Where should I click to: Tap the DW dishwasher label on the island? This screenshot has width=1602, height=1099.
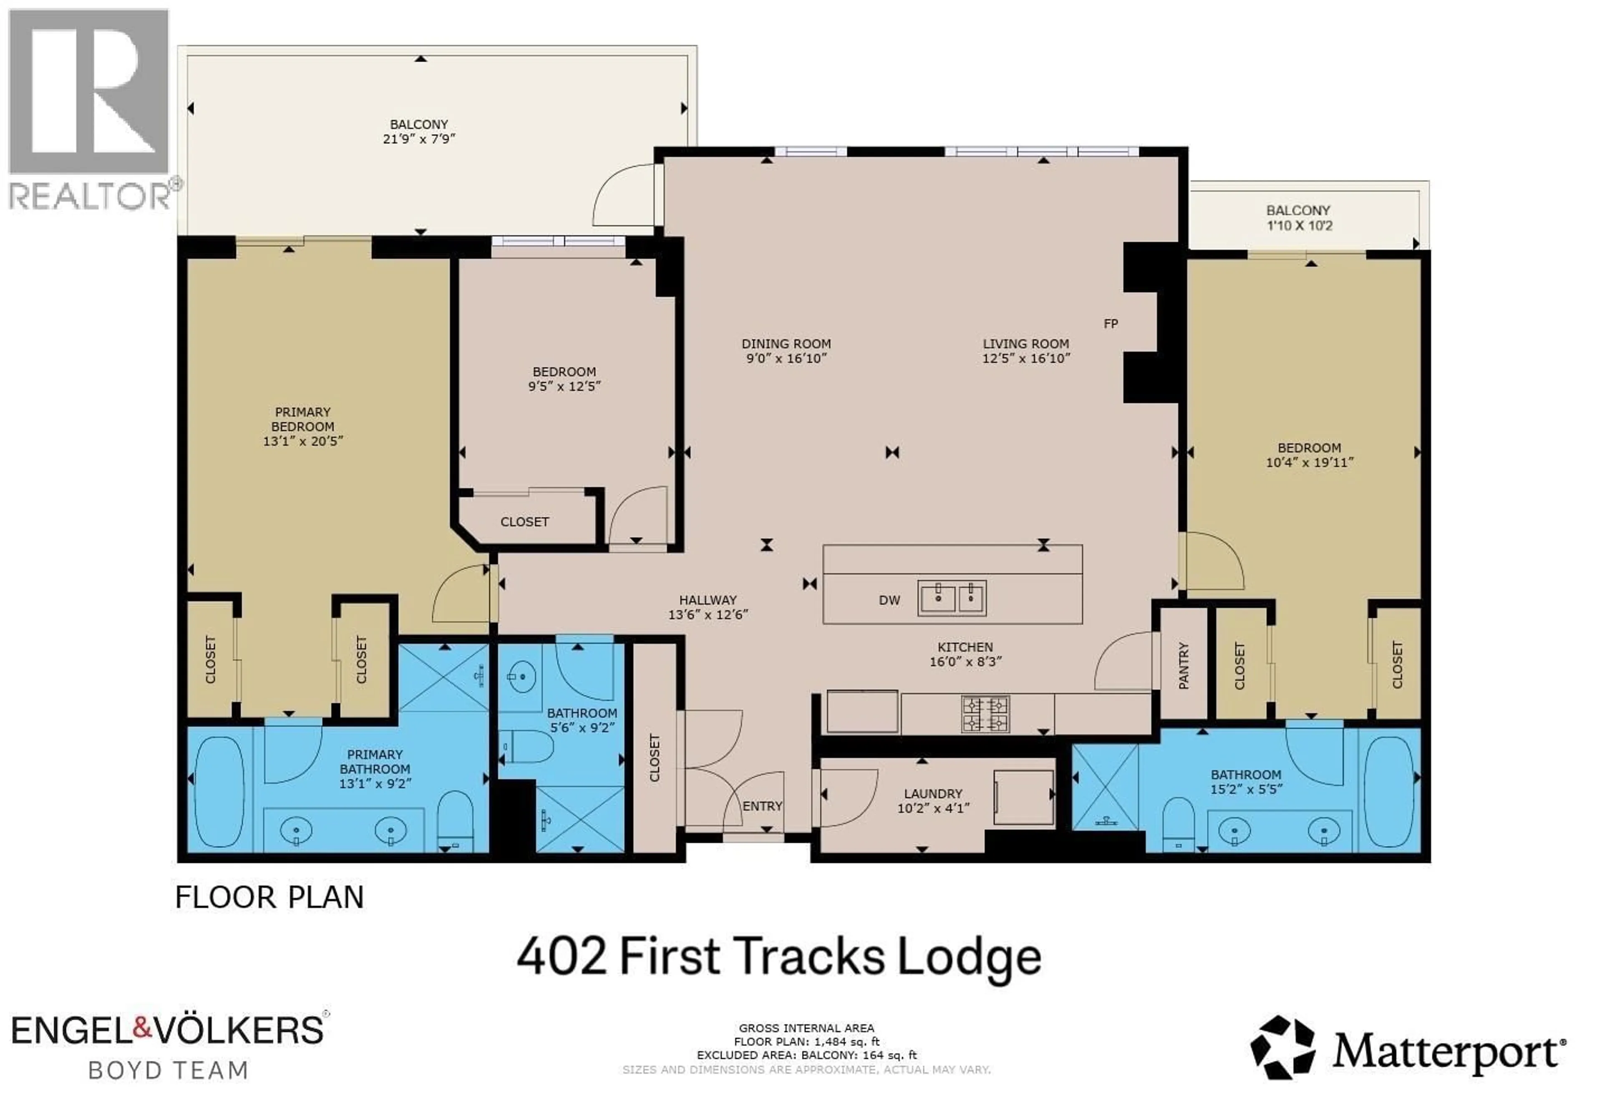coord(889,600)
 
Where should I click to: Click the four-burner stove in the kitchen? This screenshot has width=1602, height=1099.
coord(986,714)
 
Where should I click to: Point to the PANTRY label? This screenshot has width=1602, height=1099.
coord(1184,665)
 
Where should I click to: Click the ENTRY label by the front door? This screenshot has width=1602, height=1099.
coord(762,806)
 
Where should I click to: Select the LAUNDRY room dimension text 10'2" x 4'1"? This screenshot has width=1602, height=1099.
coord(933,808)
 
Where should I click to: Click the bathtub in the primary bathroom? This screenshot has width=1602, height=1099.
coord(219,791)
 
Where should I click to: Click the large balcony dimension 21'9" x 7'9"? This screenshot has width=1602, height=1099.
coord(419,139)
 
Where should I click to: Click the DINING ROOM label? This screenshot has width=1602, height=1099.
coord(786,344)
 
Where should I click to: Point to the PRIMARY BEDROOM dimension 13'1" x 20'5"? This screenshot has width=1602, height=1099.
coord(302,441)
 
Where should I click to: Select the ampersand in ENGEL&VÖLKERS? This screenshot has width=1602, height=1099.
coord(141,1030)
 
